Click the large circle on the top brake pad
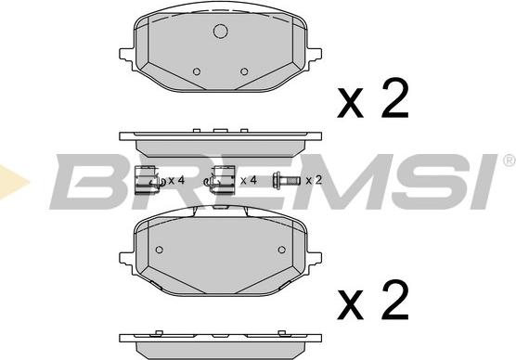tap(221, 32)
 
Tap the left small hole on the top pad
tap(197, 71)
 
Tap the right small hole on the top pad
tap(244, 71)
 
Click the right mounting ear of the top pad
tap(314, 58)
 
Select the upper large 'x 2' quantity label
tap(373, 99)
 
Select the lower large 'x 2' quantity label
tap(373, 301)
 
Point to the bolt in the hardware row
tap(286, 180)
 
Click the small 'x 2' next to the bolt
tap(314, 180)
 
